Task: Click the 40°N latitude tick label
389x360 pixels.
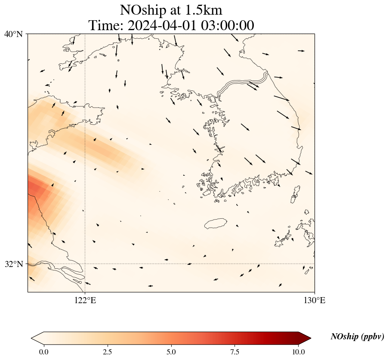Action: [x=13, y=34]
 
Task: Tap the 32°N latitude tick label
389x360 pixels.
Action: [x=13, y=264]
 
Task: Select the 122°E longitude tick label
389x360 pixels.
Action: [x=85, y=300]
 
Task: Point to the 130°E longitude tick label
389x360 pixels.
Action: [x=315, y=300]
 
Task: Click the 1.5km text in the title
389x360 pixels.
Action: [x=204, y=10]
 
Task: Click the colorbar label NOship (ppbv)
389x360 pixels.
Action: [x=357, y=337]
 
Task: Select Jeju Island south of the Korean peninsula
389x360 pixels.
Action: [x=216, y=223]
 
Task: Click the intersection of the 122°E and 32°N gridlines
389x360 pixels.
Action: [x=85, y=264]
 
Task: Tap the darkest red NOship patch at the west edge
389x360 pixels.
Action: [x=34, y=189]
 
